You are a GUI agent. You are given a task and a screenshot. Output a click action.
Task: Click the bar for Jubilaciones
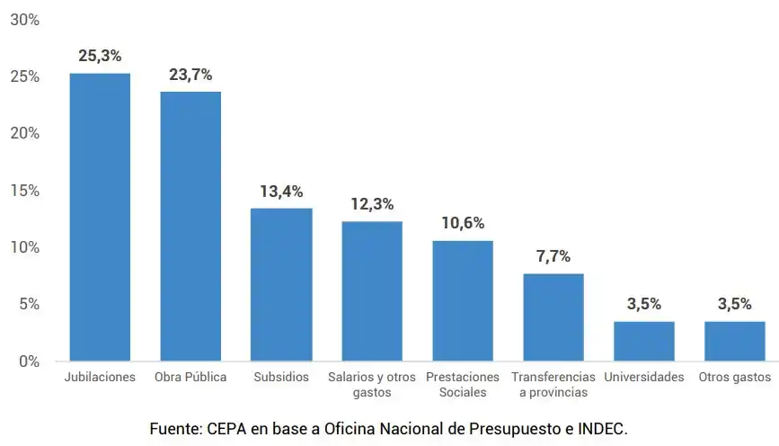(100, 217)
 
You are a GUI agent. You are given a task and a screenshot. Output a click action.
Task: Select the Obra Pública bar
(190, 226)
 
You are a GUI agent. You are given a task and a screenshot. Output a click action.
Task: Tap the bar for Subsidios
(281, 284)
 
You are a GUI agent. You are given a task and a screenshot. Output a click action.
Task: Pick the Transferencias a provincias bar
(553, 317)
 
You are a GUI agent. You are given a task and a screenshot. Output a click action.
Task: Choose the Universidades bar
(644, 341)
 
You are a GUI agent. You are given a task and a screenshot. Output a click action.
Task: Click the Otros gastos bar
(735, 341)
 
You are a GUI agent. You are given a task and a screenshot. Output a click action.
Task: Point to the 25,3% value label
(100, 56)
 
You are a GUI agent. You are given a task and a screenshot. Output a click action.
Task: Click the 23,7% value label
(190, 75)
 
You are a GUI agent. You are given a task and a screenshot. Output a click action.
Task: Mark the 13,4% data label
(281, 192)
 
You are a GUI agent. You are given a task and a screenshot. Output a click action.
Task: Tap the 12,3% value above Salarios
(372, 204)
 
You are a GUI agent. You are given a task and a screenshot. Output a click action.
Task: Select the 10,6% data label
(463, 223)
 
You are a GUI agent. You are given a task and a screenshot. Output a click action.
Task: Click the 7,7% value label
(553, 256)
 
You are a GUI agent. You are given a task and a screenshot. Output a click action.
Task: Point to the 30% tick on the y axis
(25, 20)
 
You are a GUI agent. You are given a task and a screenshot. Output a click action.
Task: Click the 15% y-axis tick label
(25, 191)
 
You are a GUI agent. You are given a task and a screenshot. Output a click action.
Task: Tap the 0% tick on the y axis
(29, 361)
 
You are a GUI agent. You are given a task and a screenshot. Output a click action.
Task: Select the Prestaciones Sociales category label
(463, 385)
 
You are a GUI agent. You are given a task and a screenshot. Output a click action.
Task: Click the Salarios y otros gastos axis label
(372, 385)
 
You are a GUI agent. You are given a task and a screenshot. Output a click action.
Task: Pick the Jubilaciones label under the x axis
(100, 378)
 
